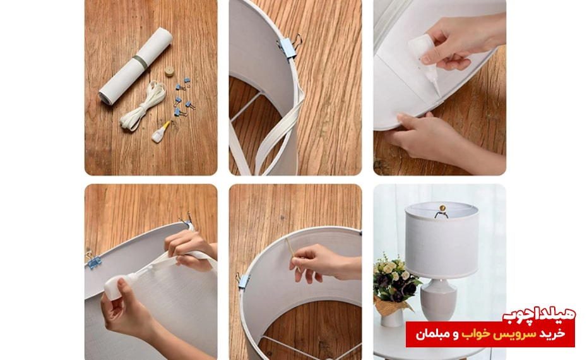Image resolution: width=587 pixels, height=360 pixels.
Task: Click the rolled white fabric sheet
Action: point(136,66)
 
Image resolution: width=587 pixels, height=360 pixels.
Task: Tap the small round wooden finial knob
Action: point(170,71)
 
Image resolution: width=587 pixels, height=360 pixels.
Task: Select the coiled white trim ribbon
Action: point(143,105)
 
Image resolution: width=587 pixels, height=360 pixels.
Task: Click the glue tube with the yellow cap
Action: point(160,132)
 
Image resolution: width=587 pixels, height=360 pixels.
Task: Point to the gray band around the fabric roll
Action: point(140,62)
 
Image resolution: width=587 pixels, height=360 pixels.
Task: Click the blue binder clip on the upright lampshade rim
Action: point(289,47)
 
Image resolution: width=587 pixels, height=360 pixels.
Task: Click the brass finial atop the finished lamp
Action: point(442,208)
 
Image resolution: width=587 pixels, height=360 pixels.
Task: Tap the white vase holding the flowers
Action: point(391,318)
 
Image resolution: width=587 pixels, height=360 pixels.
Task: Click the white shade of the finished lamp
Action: point(442,241)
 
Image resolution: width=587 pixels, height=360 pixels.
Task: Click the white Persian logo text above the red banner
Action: point(538,314)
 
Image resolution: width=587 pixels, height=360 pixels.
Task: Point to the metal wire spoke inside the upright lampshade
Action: point(245,107)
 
